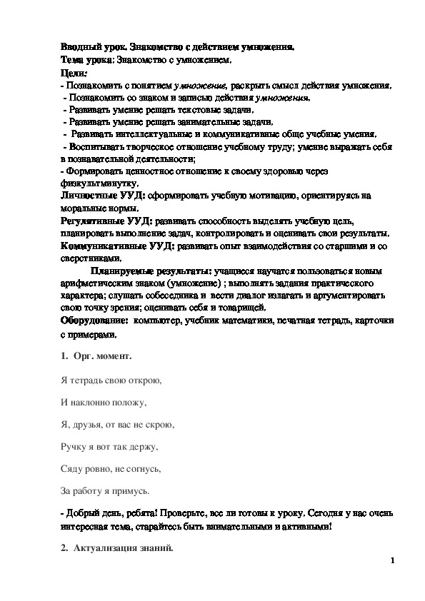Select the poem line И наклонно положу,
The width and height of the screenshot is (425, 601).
coord(103,402)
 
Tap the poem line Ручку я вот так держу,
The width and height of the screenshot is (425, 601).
coord(109,447)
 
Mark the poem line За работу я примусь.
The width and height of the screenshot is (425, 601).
coord(105,491)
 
